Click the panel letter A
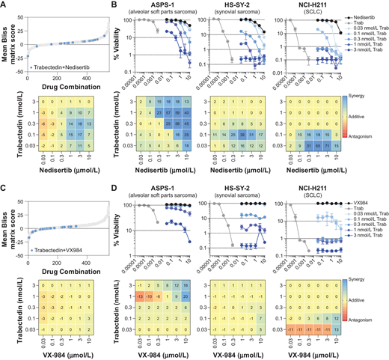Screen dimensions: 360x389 point(5,6)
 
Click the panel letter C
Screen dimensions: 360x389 point(5,185)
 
